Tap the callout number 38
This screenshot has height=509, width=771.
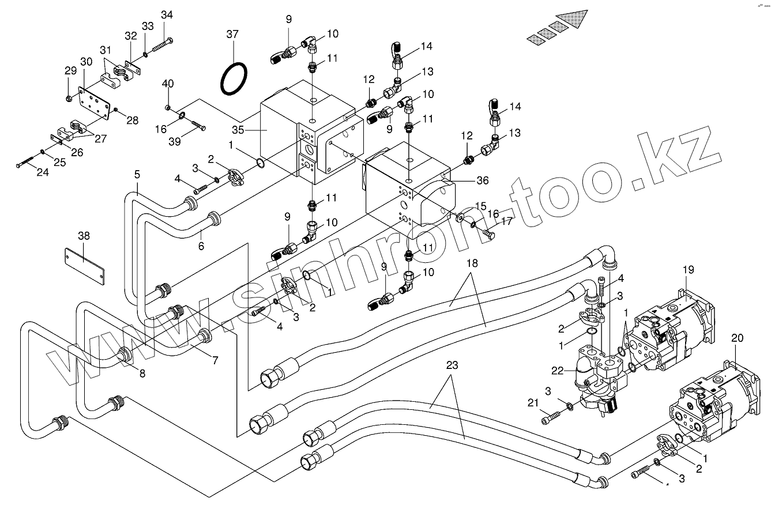[84, 236]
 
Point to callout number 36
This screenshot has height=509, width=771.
[483, 180]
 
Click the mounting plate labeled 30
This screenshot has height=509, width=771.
[95, 104]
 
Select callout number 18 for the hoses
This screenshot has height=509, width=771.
[472, 263]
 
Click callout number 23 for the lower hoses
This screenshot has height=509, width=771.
[452, 365]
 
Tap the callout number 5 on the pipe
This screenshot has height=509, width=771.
[137, 174]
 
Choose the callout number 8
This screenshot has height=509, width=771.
[142, 373]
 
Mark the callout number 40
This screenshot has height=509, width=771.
[167, 84]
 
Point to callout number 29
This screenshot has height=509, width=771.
[70, 71]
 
